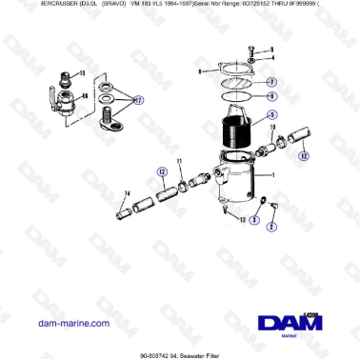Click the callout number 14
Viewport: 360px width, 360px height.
(x=126, y=194)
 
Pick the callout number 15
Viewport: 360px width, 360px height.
(x=81, y=73)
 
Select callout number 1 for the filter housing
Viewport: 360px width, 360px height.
(x=271, y=176)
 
